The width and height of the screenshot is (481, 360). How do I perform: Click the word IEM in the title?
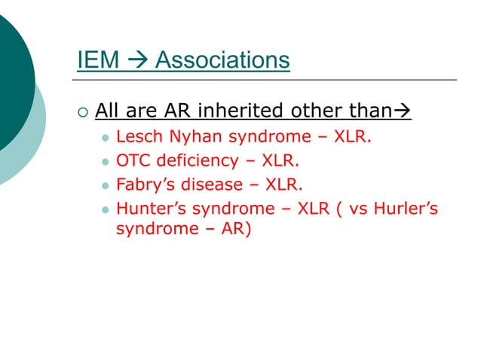click(96, 59)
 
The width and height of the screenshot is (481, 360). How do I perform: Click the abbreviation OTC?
click(133, 161)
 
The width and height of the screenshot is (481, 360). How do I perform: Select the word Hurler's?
click(409, 207)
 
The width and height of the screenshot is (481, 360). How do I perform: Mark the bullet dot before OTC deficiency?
click(105, 162)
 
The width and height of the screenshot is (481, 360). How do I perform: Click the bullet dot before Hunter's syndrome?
click(105, 208)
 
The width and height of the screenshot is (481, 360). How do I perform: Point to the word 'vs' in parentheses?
click(361, 207)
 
